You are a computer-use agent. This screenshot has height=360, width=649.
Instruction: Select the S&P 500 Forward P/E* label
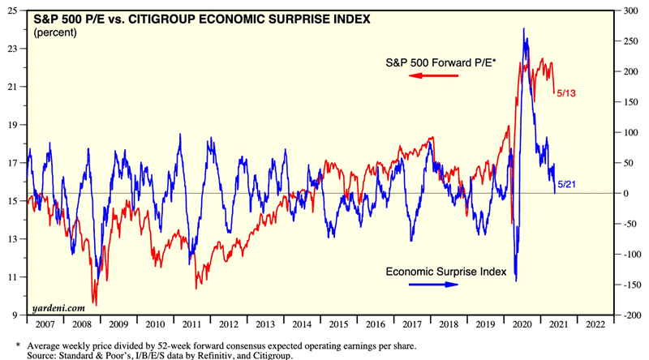[x=441, y=62]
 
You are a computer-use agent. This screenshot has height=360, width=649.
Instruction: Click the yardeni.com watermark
[x=58, y=307]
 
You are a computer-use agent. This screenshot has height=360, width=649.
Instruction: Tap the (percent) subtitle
[x=54, y=32]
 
